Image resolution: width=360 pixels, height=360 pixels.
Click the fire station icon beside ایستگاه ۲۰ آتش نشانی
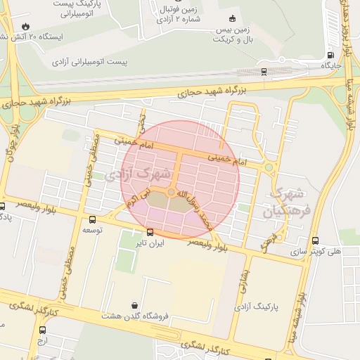pyautogui.click(x=26, y=27)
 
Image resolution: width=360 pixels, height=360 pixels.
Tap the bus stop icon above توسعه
pyautogui.click(x=93, y=219)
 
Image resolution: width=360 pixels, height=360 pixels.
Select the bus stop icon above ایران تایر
pyautogui.click(x=150, y=232)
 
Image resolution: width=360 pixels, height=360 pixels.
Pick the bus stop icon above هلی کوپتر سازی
pyautogui.click(x=314, y=240)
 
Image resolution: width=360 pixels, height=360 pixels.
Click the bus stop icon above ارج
pyautogui.click(x=42, y=330)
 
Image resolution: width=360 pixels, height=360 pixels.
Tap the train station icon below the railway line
pyautogui.click(x=264, y=71)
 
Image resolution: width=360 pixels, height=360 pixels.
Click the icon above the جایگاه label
pyautogui.click(x=330, y=56)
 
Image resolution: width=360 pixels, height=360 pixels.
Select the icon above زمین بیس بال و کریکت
pyautogui.click(x=233, y=19)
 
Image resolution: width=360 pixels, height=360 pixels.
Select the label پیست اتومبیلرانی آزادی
pyautogui.click(x=89, y=63)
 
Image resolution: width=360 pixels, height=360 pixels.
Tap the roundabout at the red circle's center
pyautogui.click(x=172, y=192)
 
